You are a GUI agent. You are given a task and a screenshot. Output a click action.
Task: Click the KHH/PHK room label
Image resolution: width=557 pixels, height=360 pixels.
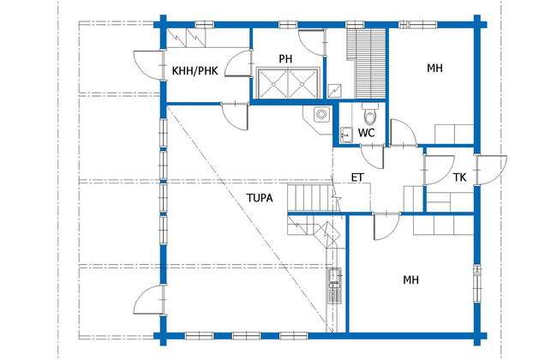click(x=195, y=71)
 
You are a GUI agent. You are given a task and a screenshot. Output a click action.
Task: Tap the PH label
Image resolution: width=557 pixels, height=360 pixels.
click(x=285, y=58)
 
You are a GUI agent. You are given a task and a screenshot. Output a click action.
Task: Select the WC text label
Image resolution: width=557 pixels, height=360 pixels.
click(x=366, y=133)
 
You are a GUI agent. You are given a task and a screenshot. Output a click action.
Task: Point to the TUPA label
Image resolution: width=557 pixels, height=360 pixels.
click(x=260, y=198)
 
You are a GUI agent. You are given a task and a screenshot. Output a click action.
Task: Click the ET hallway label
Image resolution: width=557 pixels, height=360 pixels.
click(x=357, y=177)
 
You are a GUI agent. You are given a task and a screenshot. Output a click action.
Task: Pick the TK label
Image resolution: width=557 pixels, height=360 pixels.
click(x=459, y=177)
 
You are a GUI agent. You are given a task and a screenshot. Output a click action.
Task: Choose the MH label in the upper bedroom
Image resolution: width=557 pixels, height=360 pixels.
click(x=434, y=68)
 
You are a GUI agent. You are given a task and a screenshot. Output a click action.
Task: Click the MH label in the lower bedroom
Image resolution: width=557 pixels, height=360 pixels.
click(x=410, y=280)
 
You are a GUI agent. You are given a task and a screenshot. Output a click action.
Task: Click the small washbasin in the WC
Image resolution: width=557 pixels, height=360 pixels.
click(x=346, y=135)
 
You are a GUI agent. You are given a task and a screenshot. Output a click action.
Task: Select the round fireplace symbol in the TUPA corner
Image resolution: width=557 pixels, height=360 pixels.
click(x=321, y=115)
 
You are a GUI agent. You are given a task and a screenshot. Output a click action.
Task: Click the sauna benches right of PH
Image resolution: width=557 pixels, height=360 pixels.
click(x=366, y=63)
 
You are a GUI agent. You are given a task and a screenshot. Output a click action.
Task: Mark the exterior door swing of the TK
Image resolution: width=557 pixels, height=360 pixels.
click(x=492, y=170)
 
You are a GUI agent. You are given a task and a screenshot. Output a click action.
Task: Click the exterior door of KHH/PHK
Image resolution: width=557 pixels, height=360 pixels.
click(x=147, y=64)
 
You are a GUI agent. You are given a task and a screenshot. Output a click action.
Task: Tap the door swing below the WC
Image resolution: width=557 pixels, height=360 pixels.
click(x=372, y=157)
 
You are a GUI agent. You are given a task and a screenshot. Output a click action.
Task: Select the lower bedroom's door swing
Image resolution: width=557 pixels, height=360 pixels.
click(x=386, y=227)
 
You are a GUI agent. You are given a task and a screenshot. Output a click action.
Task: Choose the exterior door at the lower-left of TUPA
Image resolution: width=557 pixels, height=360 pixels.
click(x=149, y=300)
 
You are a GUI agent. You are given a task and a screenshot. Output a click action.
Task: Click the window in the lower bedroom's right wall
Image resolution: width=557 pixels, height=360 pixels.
click(x=477, y=284)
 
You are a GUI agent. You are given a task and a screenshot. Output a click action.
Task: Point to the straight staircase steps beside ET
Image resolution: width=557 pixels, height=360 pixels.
click(x=309, y=198)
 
